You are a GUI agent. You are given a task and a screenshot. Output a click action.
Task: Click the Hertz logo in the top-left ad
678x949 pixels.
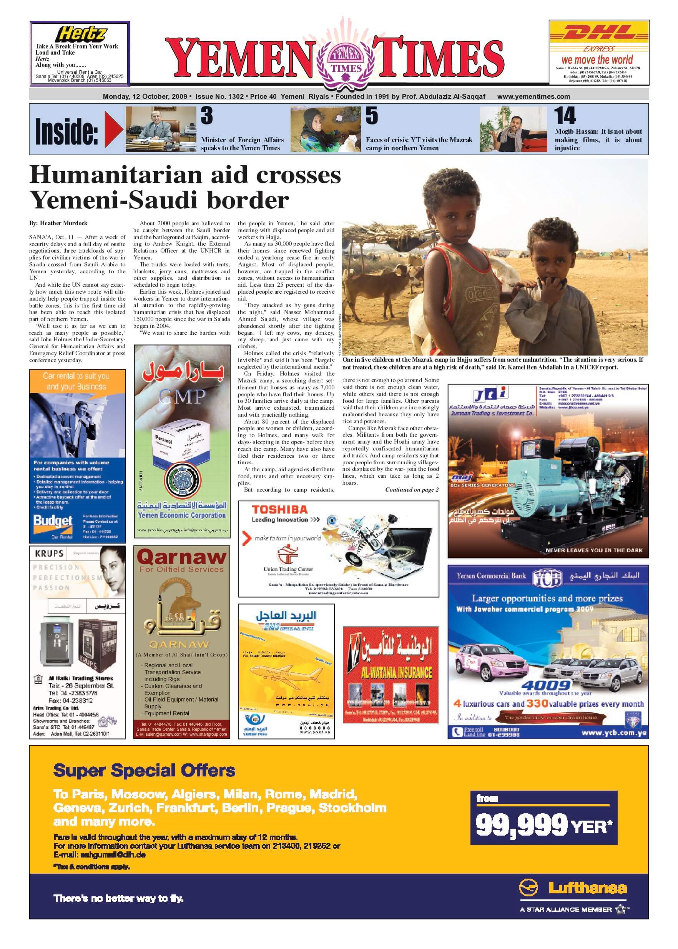[81, 33]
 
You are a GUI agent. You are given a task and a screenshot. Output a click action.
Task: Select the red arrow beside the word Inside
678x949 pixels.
[113, 130]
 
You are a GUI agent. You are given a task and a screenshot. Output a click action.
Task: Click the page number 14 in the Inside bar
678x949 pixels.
[565, 116]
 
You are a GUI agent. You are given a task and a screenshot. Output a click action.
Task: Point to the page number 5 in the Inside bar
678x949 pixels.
[372, 116]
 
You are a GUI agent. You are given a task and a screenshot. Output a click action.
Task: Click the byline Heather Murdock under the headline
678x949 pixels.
[63, 223]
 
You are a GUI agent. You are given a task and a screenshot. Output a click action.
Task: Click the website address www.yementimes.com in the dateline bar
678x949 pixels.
[533, 96]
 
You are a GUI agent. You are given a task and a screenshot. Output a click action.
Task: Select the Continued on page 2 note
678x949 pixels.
[412, 490]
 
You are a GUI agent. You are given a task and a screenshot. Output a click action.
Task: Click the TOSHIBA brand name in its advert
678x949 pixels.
[279, 509]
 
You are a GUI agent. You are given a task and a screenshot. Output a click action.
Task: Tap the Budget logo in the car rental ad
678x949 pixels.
[53, 521]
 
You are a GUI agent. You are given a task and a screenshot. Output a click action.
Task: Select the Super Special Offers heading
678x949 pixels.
[145, 771]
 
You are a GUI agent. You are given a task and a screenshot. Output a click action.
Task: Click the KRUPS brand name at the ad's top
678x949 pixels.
[49, 553]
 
